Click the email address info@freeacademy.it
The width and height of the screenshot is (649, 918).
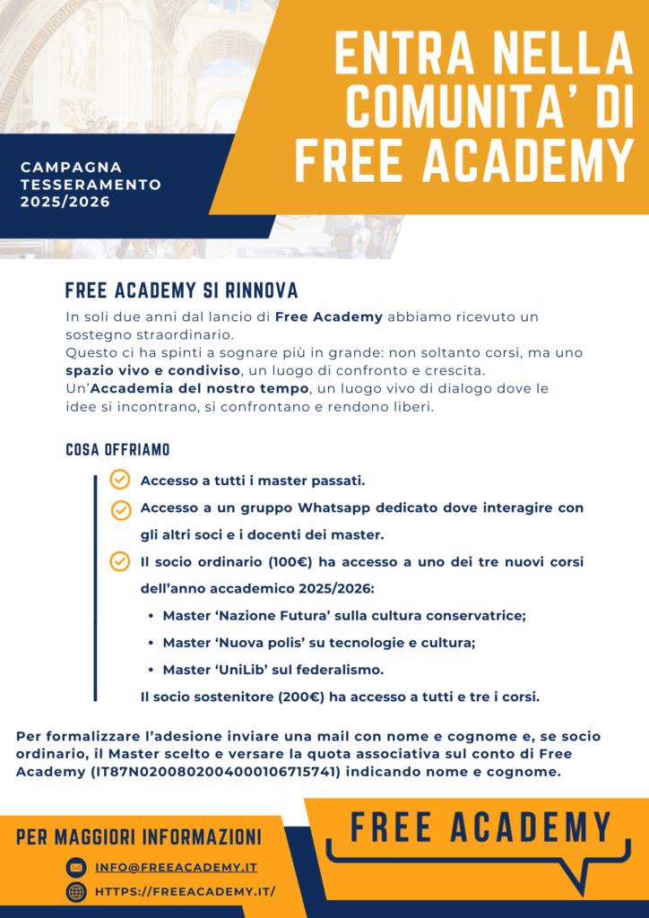coord(176,867)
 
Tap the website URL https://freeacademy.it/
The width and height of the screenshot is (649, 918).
coord(185,891)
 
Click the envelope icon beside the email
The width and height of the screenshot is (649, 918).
coord(76,867)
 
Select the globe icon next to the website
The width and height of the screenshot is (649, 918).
coord(76,891)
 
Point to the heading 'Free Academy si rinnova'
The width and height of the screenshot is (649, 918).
coord(182,290)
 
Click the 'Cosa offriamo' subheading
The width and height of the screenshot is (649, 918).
coord(117,449)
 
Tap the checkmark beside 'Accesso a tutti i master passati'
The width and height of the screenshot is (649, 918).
coord(119,480)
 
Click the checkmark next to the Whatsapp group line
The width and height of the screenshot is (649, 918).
coord(121,509)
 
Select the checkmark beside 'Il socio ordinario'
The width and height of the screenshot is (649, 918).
coord(119,561)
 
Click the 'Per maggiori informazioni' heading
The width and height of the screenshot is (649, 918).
coord(139,837)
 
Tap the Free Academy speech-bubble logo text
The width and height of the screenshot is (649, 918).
coord(480,827)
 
